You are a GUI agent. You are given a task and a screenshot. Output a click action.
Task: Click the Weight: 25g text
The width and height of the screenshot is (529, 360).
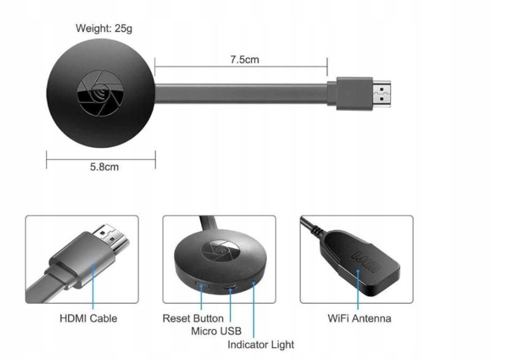[104, 28]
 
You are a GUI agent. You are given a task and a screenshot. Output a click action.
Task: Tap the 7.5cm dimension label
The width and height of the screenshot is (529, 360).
[245, 59]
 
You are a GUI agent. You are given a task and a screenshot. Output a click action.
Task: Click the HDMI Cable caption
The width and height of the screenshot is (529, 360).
[88, 318]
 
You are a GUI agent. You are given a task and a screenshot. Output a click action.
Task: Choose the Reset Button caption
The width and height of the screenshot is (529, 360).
[192, 318]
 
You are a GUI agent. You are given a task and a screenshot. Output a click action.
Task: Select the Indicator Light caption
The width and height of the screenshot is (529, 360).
[261, 345]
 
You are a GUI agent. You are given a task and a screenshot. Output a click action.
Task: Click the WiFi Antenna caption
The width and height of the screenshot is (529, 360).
[359, 318]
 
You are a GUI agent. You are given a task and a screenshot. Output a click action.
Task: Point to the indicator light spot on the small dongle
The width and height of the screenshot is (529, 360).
[253, 283]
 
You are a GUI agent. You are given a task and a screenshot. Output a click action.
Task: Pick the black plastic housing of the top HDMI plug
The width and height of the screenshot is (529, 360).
[350, 94]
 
